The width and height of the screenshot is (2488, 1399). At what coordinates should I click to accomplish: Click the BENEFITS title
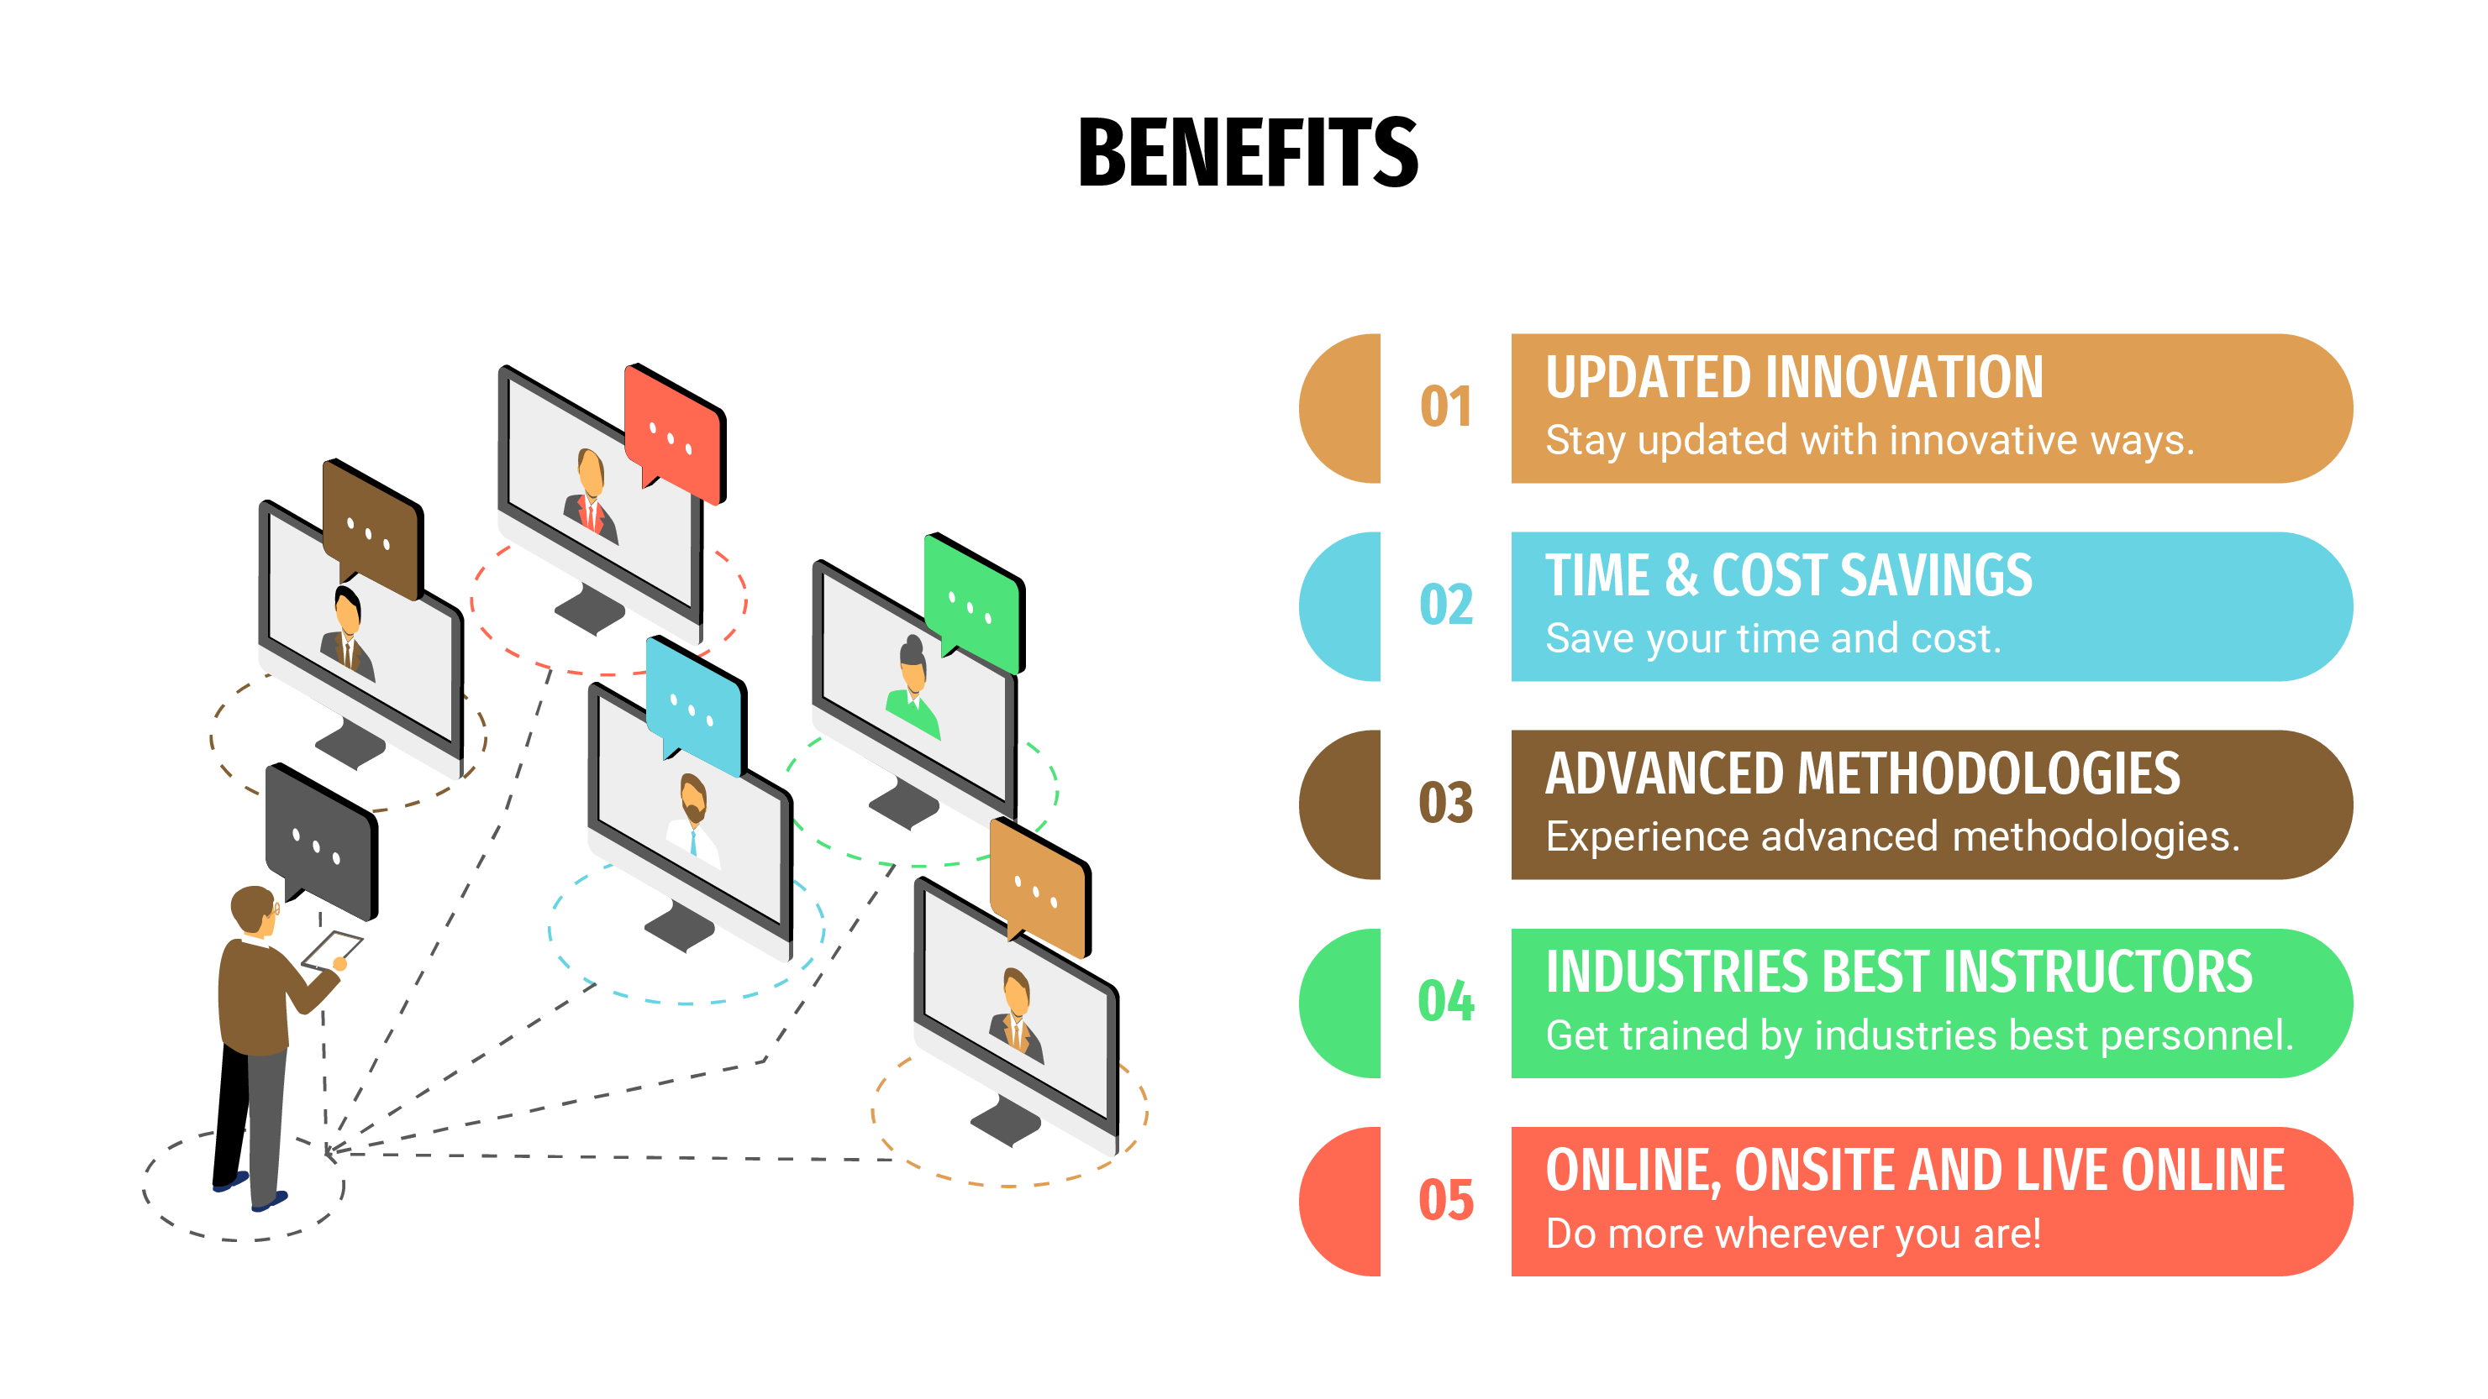click(x=1247, y=153)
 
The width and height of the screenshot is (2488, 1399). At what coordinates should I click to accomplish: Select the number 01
click(x=1446, y=406)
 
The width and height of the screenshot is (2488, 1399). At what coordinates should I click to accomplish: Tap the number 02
click(x=1446, y=605)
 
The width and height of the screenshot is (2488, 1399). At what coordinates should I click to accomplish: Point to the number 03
click(x=1446, y=804)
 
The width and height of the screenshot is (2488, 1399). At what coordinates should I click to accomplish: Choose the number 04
click(x=1446, y=1001)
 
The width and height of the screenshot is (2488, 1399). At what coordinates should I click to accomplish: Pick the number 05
click(x=1446, y=1200)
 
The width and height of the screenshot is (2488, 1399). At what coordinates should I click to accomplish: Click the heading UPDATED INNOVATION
click(x=1794, y=378)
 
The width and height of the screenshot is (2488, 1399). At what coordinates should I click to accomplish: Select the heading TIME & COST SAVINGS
click(x=1789, y=575)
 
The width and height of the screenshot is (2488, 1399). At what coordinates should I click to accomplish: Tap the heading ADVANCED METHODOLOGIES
click(x=1862, y=773)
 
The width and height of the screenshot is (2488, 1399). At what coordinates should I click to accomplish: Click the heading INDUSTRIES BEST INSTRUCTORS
click(x=1899, y=972)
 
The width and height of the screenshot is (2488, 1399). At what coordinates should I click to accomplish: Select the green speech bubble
click(x=974, y=601)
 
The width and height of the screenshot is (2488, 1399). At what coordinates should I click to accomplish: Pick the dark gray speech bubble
click(x=321, y=840)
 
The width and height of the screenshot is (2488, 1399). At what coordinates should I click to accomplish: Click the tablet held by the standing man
click(x=331, y=948)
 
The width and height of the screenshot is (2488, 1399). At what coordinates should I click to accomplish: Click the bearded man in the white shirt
click(x=693, y=817)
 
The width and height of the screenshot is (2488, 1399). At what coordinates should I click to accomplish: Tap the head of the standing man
click(x=254, y=909)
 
